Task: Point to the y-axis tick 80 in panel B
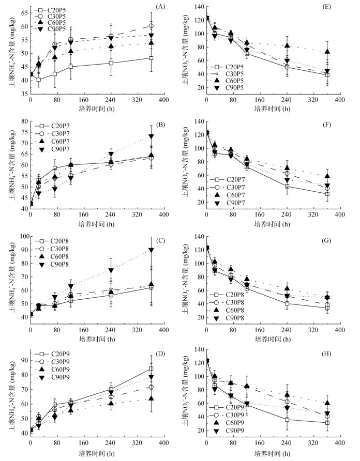24,121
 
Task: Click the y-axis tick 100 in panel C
23,236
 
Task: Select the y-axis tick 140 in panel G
199,236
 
